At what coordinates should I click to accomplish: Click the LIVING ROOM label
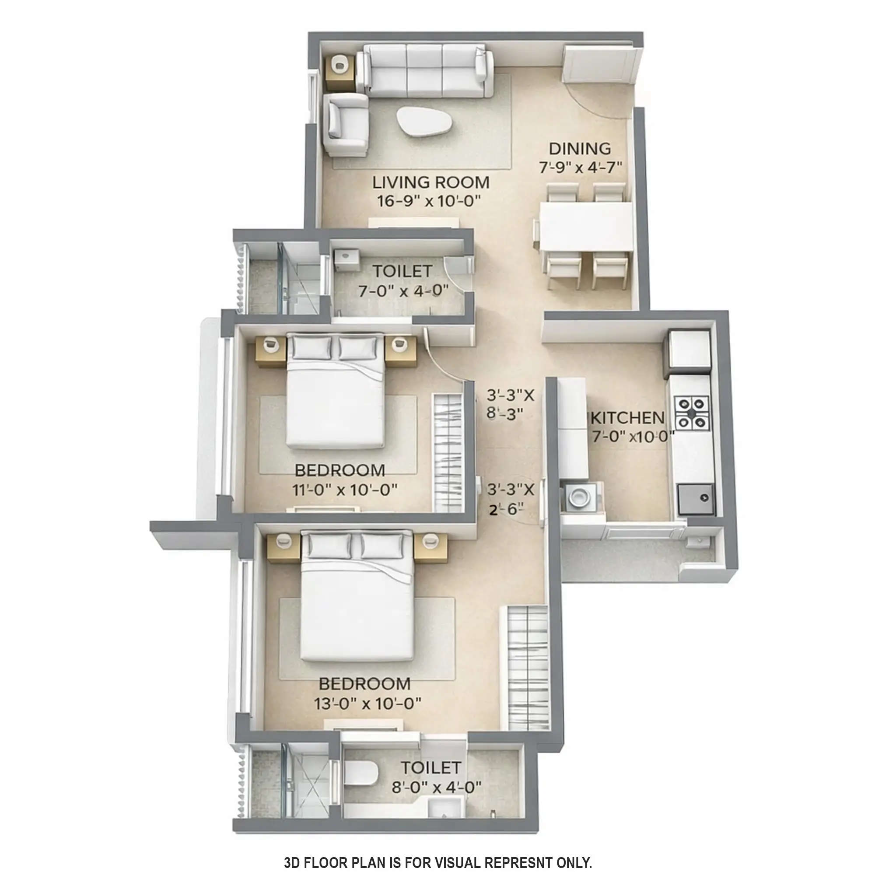click(430, 182)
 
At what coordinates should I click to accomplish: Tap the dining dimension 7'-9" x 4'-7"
click(580, 168)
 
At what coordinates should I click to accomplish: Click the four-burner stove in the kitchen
click(692, 413)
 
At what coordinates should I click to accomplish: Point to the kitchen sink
click(696, 499)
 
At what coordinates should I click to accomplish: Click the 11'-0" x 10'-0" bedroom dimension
click(345, 490)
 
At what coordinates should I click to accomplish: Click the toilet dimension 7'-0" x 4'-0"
click(403, 290)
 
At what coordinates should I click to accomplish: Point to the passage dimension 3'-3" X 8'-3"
click(511, 404)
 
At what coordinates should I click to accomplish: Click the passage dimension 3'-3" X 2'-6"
click(511, 499)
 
